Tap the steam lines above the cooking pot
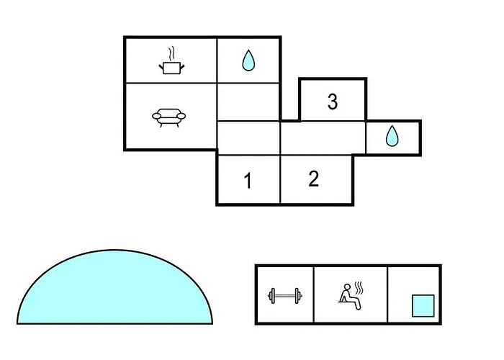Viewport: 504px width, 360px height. pos(172,54)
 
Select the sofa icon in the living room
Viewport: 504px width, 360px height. pos(168,117)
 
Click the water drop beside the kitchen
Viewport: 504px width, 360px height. pos(248,60)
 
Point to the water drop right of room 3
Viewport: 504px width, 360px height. pos(392,136)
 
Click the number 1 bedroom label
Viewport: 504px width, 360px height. pos(248,181)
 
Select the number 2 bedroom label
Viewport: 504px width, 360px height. pos(314,179)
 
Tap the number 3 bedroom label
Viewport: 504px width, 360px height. pos(333,102)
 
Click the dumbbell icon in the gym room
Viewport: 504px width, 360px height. pos(285,296)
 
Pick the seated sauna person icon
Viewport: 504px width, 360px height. pos(350,297)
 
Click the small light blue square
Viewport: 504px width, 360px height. pos(423,306)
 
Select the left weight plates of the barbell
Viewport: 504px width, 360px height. pos(272,296)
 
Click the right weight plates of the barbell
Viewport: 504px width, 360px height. pos(298,296)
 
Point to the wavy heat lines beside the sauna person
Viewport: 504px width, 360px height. pos(359,288)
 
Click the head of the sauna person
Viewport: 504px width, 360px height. pos(347,287)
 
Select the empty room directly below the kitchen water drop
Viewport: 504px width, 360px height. pos(248,102)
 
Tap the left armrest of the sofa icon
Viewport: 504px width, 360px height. pos(156,116)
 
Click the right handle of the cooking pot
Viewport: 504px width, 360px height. pos(182,67)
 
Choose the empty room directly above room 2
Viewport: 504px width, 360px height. pos(323,138)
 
